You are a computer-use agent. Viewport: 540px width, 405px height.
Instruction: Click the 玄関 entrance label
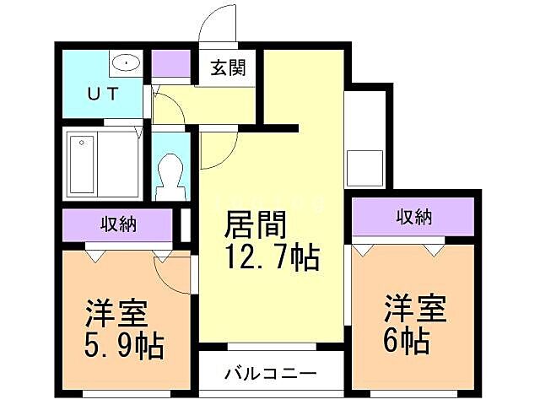click(x=228, y=68)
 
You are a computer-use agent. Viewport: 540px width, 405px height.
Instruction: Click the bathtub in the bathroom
click(x=82, y=164)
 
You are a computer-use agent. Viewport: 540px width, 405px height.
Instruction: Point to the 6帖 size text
click(x=404, y=340)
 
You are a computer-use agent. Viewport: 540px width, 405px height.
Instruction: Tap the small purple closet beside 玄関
click(x=172, y=64)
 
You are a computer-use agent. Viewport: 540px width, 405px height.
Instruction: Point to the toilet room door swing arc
click(x=213, y=150)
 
